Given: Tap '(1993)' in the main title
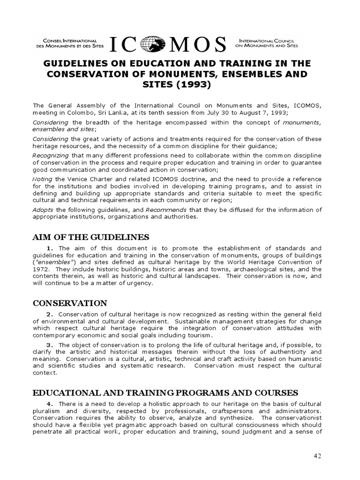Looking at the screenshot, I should point(190,85).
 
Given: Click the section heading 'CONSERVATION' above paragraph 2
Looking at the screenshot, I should point(70,303).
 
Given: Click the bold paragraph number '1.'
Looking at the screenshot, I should point(52,248).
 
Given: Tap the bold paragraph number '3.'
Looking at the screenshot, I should point(52,345).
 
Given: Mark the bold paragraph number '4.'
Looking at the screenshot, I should point(52,404).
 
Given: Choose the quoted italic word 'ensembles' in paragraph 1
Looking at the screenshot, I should point(54,263).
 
